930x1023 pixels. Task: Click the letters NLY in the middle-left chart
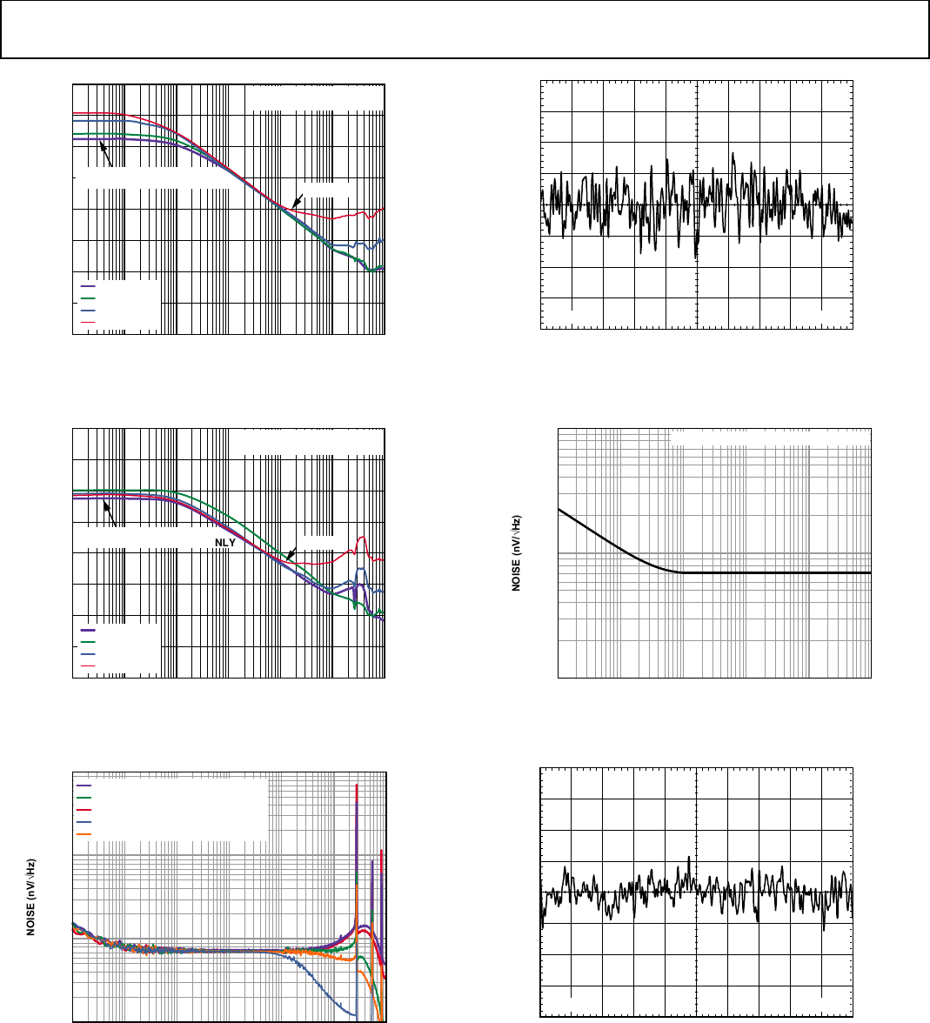click(x=225, y=541)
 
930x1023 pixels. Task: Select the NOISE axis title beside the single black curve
click(x=516, y=553)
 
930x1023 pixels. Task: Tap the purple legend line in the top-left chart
click(x=88, y=286)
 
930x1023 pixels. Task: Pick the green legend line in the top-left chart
click(x=88, y=298)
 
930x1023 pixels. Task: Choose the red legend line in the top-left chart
click(x=88, y=322)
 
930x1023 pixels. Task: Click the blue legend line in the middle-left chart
click(x=88, y=652)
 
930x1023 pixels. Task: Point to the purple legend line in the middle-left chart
click(x=88, y=629)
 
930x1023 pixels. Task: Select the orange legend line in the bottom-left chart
click(x=84, y=834)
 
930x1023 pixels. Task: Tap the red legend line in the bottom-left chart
click(x=84, y=809)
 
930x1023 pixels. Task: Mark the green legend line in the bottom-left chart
click(x=84, y=797)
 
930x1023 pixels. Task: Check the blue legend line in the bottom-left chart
click(x=84, y=822)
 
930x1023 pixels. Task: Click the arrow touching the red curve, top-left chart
click(x=297, y=199)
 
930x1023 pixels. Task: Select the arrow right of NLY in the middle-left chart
click(x=291, y=552)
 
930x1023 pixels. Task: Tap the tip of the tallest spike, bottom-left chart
click(x=358, y=786)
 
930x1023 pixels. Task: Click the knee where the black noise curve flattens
click(x=681, y=572)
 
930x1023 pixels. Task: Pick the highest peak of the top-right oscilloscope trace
click(x=733, y=154)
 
